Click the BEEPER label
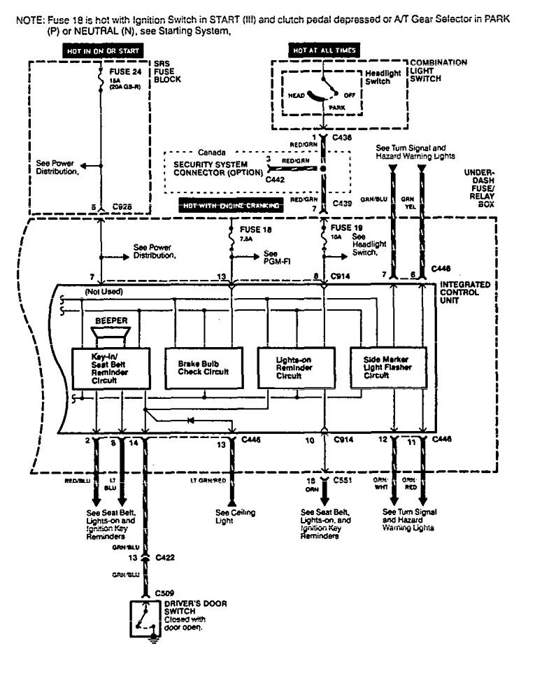coord(110,321)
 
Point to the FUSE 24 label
coord(124,71)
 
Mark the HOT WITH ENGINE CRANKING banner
coord(230,206)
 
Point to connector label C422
coord(164,558)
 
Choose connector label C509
coord(164,593)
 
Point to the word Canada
coord(212,151)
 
